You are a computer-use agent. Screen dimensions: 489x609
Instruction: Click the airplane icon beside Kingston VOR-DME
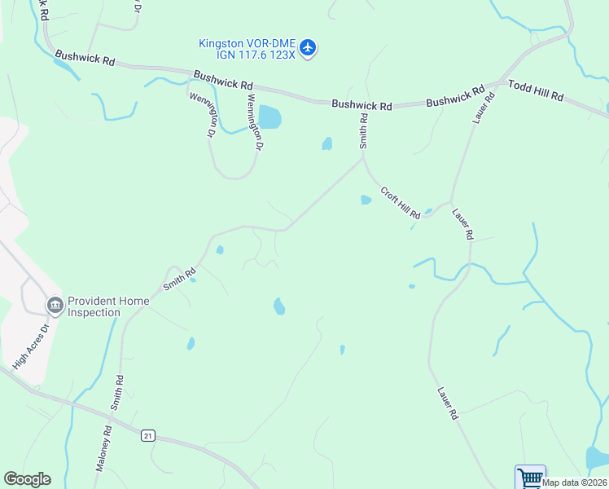[308, 48]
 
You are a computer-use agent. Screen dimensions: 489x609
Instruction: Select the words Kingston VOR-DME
[247, 43]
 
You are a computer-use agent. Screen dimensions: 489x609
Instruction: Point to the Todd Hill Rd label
[536, 90]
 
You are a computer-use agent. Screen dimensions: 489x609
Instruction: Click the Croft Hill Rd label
[401, 203]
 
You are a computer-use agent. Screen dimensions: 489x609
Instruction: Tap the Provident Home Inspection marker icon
[55, 306]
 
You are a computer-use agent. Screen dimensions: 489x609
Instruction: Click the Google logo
[27, 479]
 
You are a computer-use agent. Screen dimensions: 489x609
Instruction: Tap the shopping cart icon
[530, 477]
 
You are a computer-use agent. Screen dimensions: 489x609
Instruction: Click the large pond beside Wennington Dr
[269, 118]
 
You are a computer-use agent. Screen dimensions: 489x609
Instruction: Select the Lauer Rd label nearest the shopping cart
[448, 403]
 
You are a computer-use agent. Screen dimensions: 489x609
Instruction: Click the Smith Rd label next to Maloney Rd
[120, 392]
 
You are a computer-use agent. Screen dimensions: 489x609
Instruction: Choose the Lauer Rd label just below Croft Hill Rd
[462, 222]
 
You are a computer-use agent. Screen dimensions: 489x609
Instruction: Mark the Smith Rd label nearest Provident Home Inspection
[179, 279]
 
